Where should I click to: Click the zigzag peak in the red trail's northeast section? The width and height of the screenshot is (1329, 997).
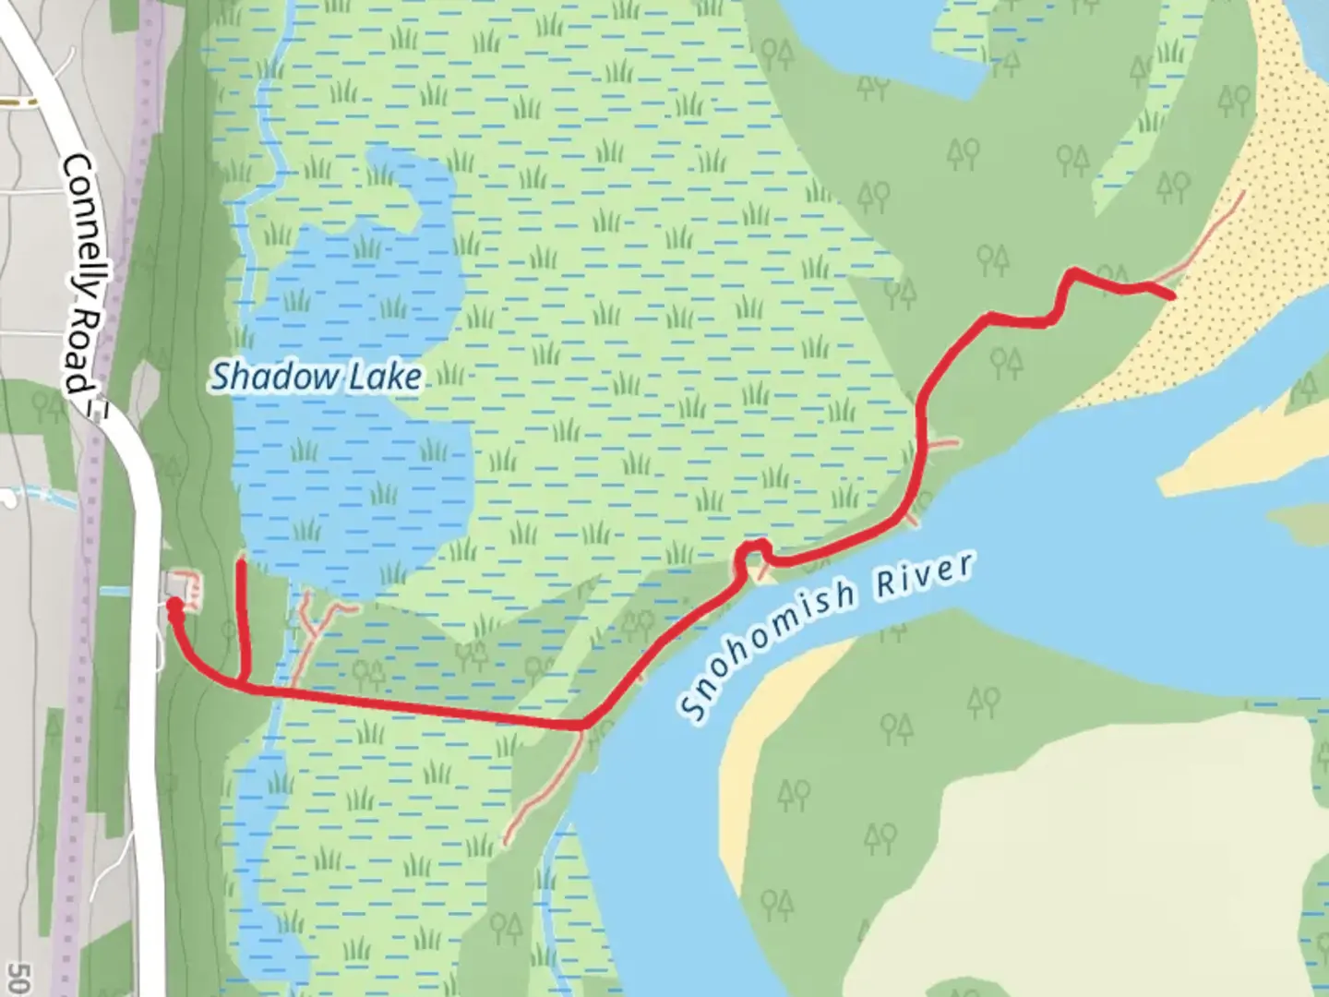coord(1073,272)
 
